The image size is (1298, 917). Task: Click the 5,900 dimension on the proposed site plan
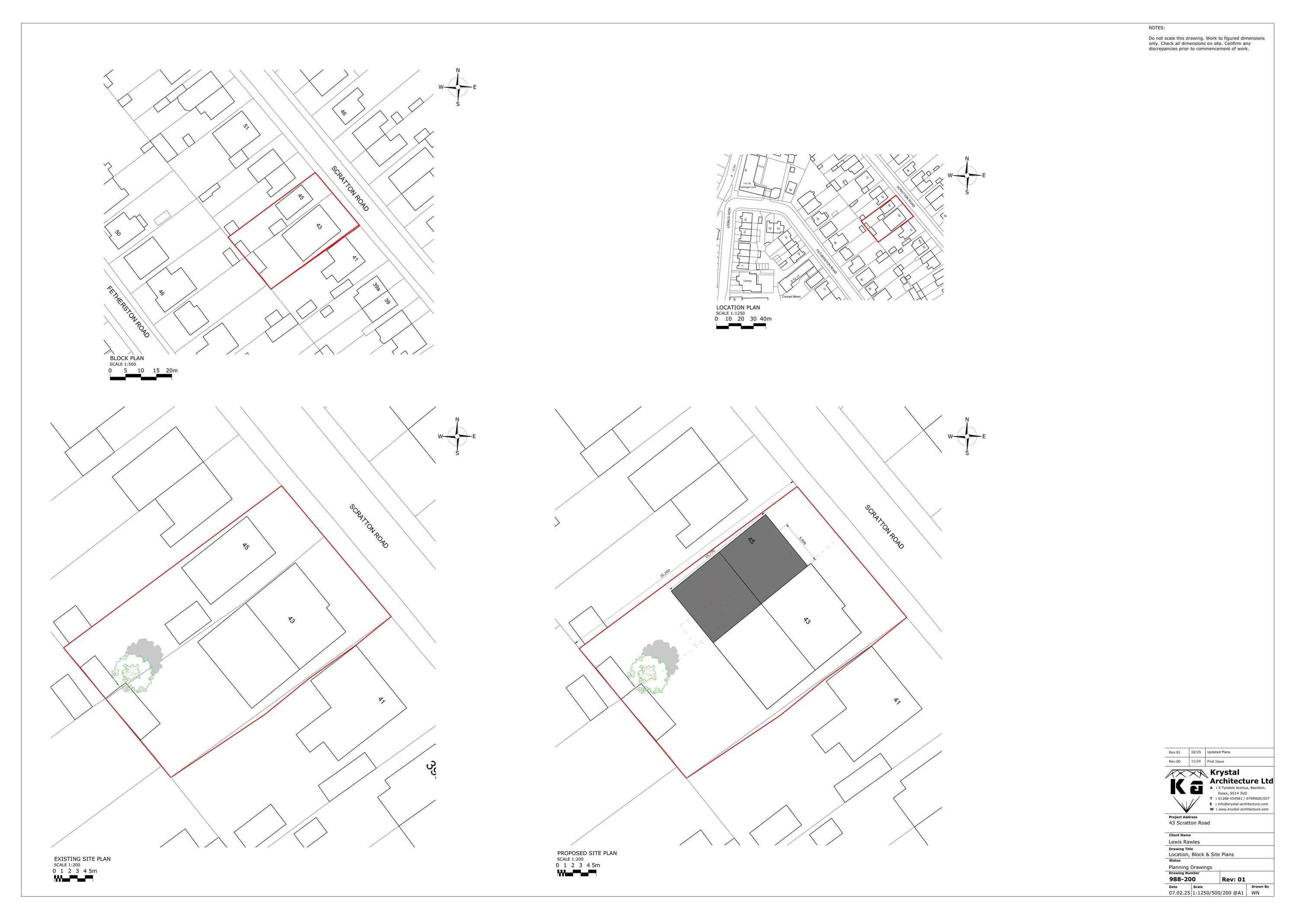pyautogui.click(x=802, y=541)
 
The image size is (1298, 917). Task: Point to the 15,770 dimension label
pyautogui.click(x=710, y=555)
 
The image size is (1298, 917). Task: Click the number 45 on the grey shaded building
pyautogui.click(x=751, y=541)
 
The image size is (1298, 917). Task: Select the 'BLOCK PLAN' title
pyautogui.click(x=127, y=358)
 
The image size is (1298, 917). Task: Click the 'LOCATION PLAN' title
pyautogui.click(x=738, y=308)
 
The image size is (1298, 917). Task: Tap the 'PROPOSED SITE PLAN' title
pyautogui.click(x=587, y=853)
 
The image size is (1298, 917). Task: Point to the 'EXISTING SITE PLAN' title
pyautogui.click(x=82, y=859)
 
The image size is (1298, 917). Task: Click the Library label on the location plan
pyautogui.click(x=747, y=280)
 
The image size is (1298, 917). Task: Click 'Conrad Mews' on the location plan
pyautogui.click(x=791, y=297)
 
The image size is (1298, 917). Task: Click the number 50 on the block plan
pyautogui.click(x=118, y=233)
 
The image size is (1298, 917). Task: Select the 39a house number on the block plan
pyautogui.click(x=376, y=286)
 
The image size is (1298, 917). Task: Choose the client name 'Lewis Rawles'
pyautogui.click(x=1184, y=842)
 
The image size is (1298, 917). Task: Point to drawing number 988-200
pyautogui.click(x=1182, y=879)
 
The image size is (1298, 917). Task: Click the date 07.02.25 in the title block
pyautogui.click(x=1178, y=893)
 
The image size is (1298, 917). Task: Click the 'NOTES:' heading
pyautogui.click(x=1157, y=28)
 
